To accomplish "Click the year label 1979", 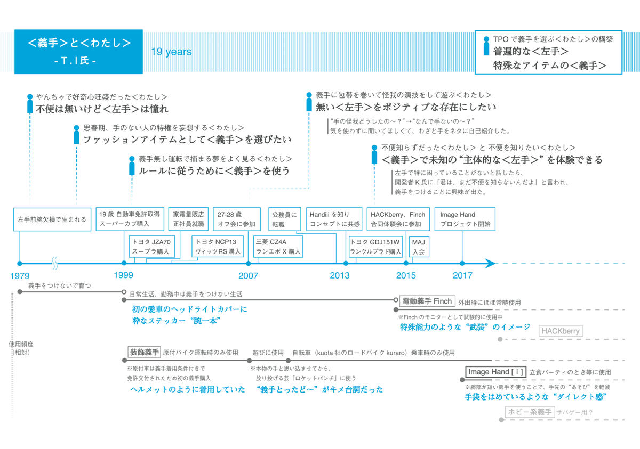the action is coord(20,275).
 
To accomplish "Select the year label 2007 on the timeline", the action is coord(248,275).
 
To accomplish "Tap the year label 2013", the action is coord(339,275).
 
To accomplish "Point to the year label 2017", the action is coord(462,275).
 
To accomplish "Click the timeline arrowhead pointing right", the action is coord(490,263).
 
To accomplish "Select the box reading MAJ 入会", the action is coord(419,247).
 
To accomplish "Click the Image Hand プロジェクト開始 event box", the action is coord(465,219).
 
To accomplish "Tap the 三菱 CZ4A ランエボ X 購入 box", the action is coord(278,247).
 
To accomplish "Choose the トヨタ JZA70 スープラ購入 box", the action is coord(151,247).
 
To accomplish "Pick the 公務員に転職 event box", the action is coord(285,219).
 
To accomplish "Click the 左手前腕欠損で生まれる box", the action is coord(52,219).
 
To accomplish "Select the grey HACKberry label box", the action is coord(561,331).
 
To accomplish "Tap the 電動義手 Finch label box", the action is coord(427,301).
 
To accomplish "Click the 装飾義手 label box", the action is coord(145,352).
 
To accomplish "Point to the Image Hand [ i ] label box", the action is coord(495,372).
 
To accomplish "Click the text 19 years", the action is coord(171,52).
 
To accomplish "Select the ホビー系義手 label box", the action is coord(530,412).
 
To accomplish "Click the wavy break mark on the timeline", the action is coord(54,263).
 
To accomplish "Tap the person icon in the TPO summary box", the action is coord(486,46).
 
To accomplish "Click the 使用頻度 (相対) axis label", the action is coord(21,348).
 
